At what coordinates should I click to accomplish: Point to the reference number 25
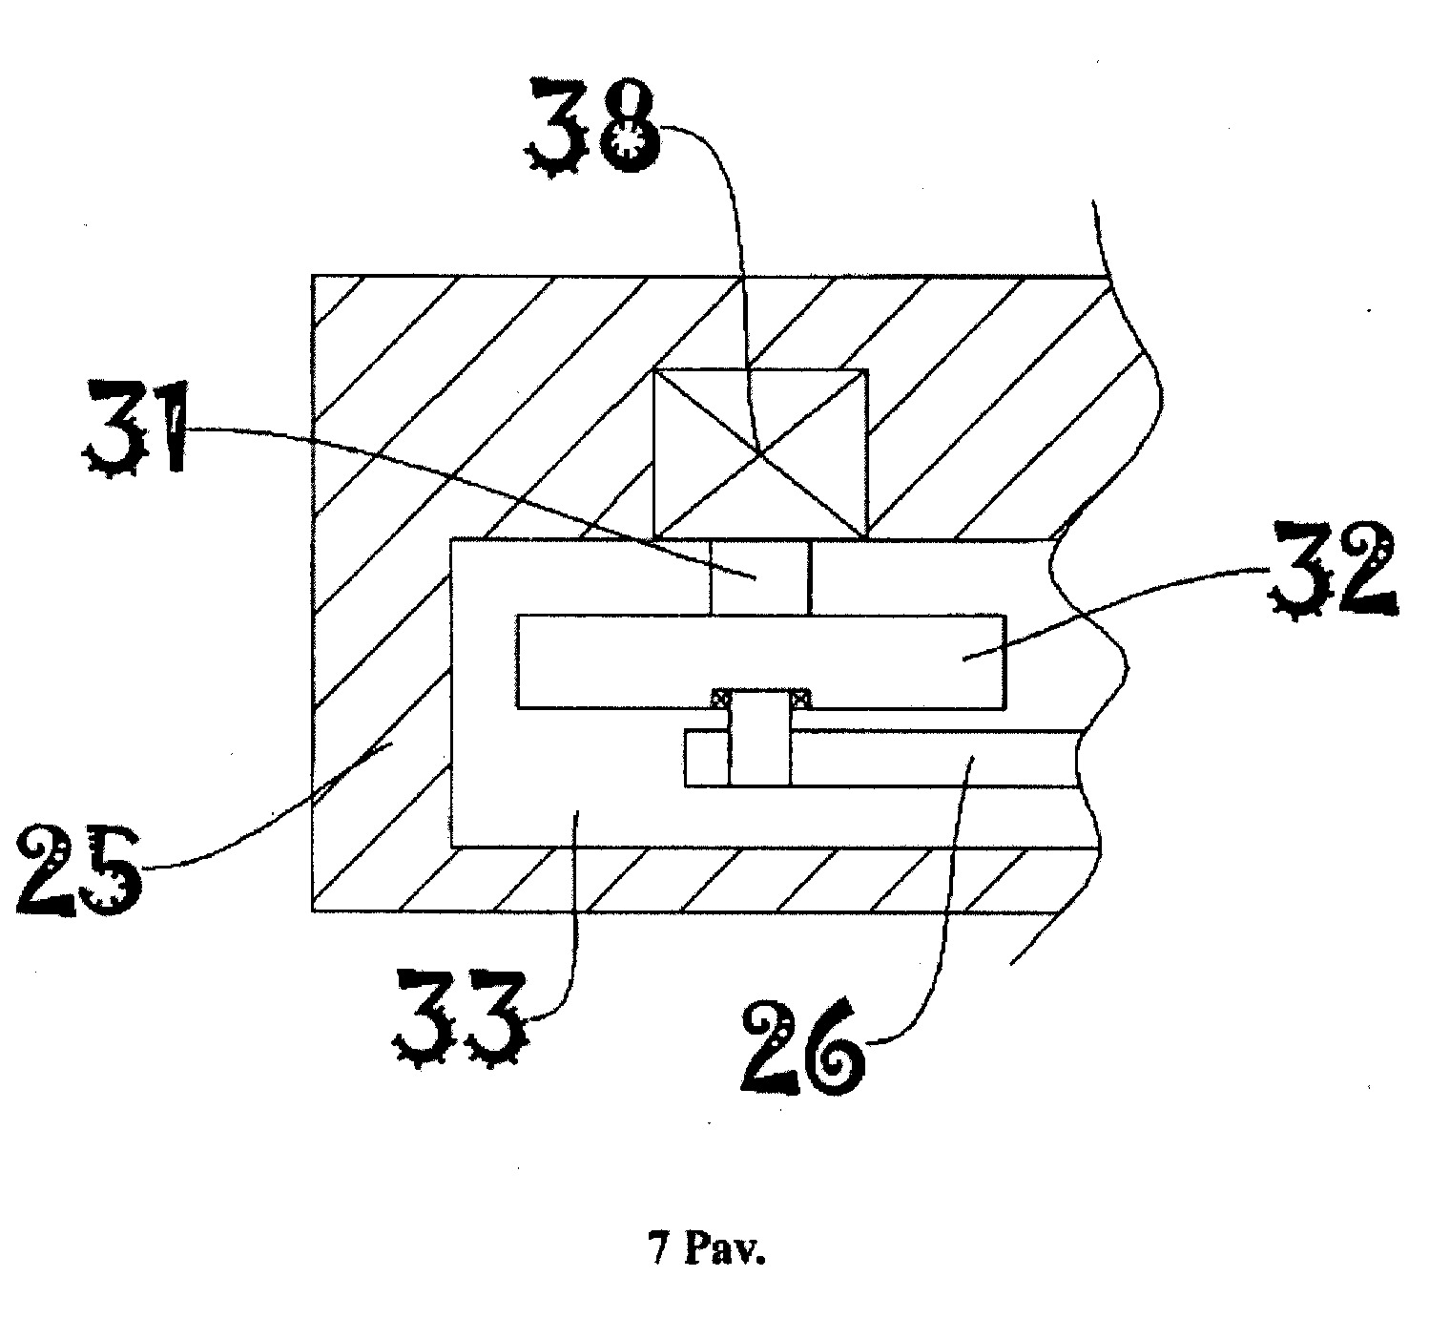point(80,871)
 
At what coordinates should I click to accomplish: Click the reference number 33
point(458,1019)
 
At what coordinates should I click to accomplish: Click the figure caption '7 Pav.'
point(707,1248)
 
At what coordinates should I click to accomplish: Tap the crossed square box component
point(760,454)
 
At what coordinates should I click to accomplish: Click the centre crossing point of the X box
point(760,452)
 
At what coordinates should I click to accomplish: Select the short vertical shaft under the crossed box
point(760,577)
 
